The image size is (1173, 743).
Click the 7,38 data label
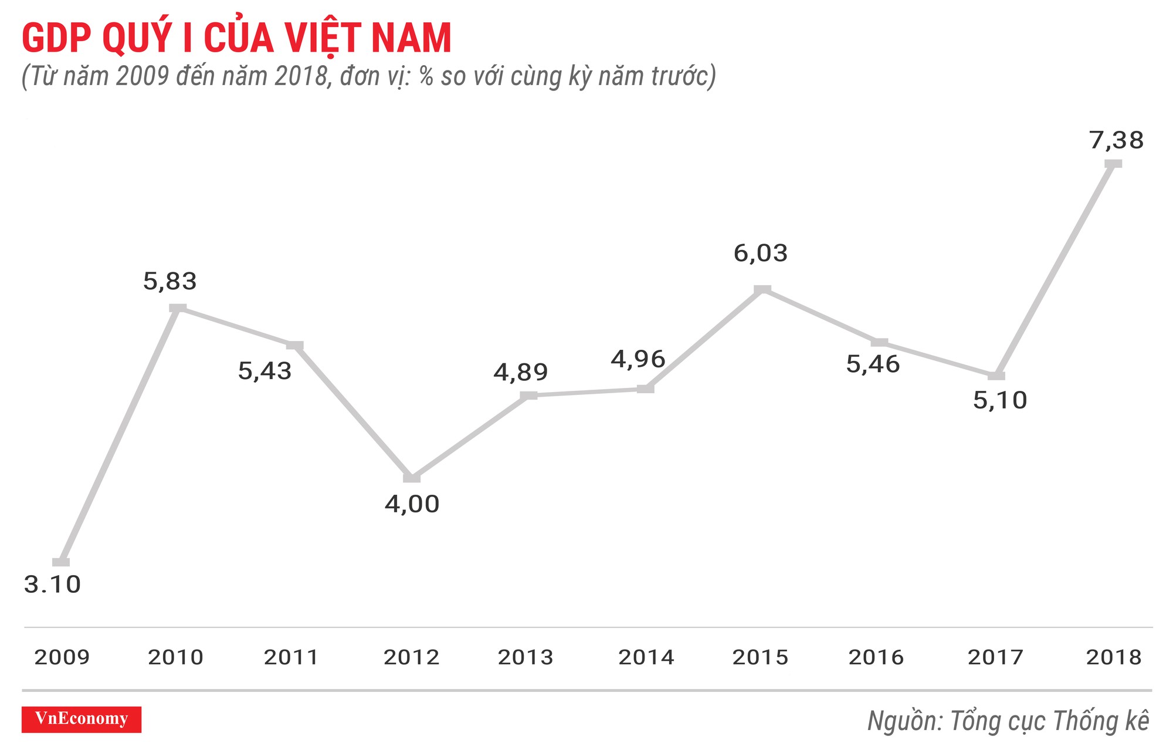coord(1116,141)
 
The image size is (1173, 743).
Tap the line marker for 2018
coord(1113,163)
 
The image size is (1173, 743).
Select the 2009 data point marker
coord(61,562)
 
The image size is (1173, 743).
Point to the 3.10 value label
coord(52,585)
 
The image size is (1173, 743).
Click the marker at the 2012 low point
coord(412,478)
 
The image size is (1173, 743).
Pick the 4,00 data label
coord(412,504)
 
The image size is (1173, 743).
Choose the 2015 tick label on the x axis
coord(760,657)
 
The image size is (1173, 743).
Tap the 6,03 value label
coord(760,254)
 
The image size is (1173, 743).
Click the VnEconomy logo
coord(82,719)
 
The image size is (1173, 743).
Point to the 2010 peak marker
coord(178,308)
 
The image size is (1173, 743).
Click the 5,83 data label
coord(169,282)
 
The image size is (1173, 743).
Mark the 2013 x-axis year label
coord(526,657)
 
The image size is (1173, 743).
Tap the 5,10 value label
coord(1000,401)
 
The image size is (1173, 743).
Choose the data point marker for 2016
coord(879,342)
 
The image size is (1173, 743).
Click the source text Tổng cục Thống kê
coord(1049,721)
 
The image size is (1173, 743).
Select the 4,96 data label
coord(638,359)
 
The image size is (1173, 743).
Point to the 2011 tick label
coord(291,657)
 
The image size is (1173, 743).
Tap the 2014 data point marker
coord(645,389)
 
